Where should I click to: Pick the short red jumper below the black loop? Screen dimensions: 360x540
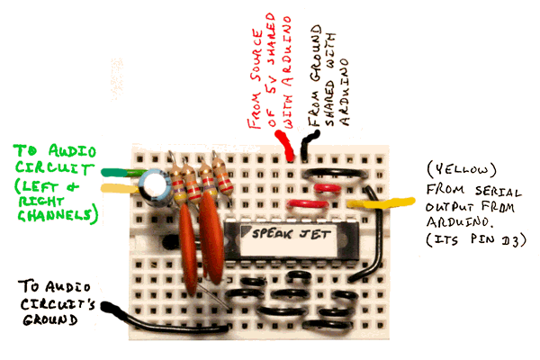(x=328, y=189)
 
